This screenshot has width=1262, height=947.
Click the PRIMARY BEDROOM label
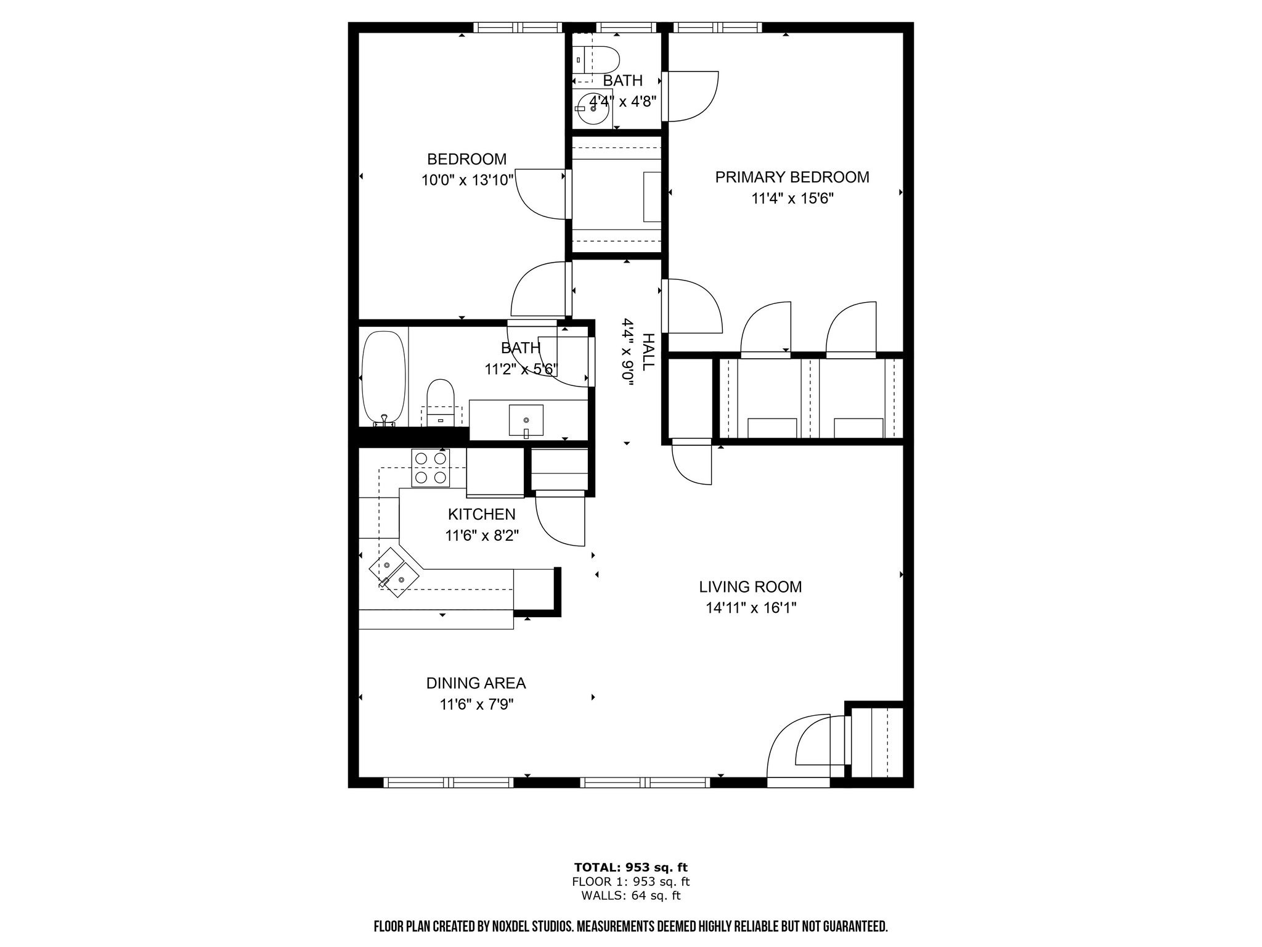coord(792,178)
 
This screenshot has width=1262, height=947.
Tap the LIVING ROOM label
coord(751,587)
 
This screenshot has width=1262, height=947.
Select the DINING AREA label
coord(476,683)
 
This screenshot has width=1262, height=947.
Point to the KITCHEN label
coord(481,514)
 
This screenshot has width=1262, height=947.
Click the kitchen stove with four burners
coord(431,468)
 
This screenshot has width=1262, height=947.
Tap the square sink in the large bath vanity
coord(526,420)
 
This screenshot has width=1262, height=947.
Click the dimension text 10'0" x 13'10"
coord(467,181)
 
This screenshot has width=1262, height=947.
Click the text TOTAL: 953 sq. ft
coord(630,867)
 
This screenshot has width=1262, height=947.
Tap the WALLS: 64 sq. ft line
coord(630,896)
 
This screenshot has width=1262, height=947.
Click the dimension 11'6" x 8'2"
coord(482,536)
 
